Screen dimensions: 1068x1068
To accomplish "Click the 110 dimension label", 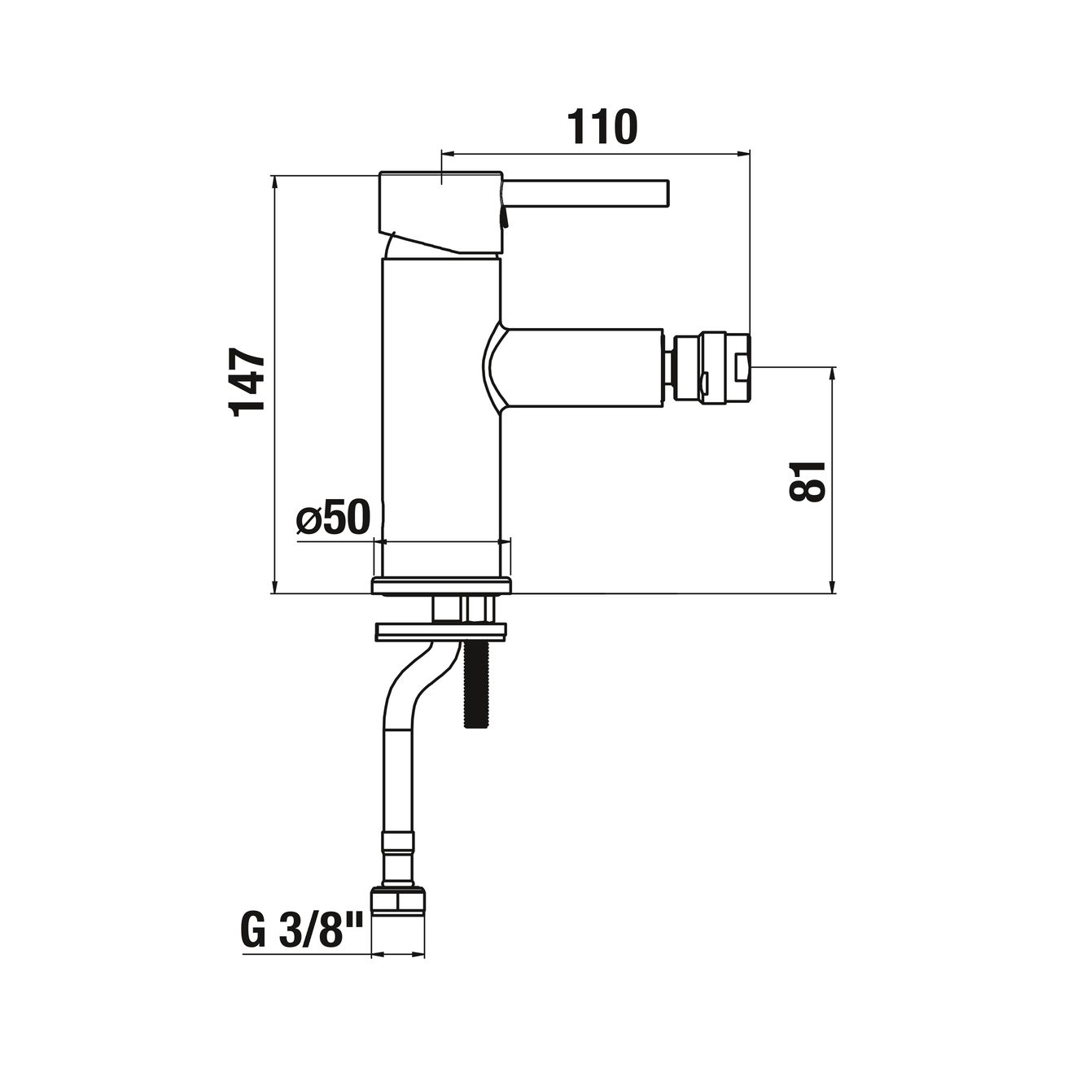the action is tap(602, 127).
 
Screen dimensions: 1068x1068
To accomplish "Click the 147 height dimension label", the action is tap(247, 382).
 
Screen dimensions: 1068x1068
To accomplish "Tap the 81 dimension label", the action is tap(808, 481).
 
